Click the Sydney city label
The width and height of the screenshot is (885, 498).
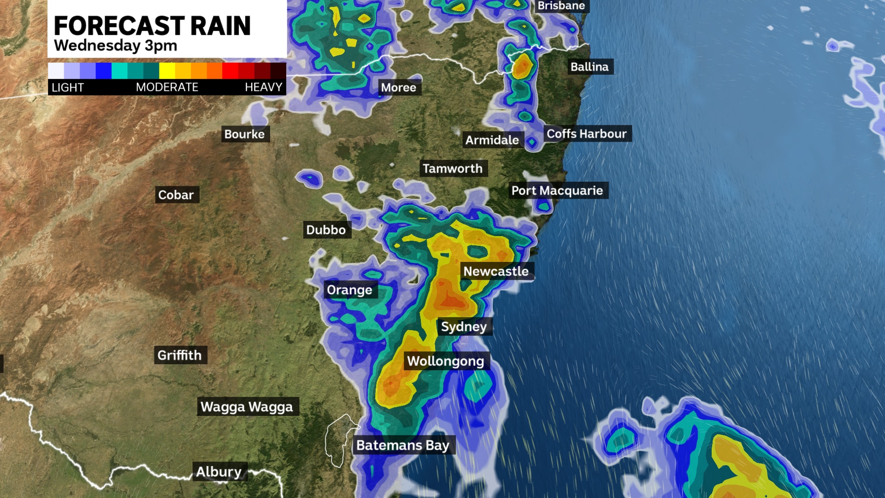pos(464,326)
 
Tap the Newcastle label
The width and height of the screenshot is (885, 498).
pos(496,271)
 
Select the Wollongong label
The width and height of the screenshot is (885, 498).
pos(445,361)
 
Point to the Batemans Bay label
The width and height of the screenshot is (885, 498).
pos(403,445)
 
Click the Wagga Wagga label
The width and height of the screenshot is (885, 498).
pos(247,407)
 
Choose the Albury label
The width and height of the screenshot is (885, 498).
pos(219,472)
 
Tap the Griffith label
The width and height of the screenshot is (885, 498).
pos(179,355)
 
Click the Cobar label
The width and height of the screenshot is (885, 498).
pos(176,195)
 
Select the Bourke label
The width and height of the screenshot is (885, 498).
pos(245,134)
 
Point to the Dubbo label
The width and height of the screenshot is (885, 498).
pos(326,230)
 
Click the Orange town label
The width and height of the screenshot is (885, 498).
pos(349,290)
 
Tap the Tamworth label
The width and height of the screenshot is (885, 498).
pos(453,168)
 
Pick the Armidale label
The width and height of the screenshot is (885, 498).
pos(492,140)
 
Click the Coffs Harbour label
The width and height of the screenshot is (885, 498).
pos(586,134)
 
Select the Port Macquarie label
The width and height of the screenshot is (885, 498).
pos(557,190)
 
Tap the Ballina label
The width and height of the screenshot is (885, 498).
pos(590,67)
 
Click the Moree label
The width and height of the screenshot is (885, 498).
pos(399,88)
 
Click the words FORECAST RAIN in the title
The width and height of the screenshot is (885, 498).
pos(152,26)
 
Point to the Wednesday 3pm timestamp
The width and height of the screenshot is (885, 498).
pos(115,46)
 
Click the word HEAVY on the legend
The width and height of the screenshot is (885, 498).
pos(263,87)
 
